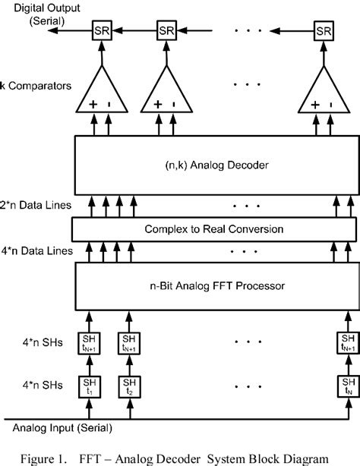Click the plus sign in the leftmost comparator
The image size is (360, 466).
pos(92,105)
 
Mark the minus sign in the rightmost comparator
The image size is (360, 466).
pos(333,105)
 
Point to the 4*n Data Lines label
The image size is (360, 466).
pos(34,251)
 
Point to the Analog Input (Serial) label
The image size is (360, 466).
pos(47,430)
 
